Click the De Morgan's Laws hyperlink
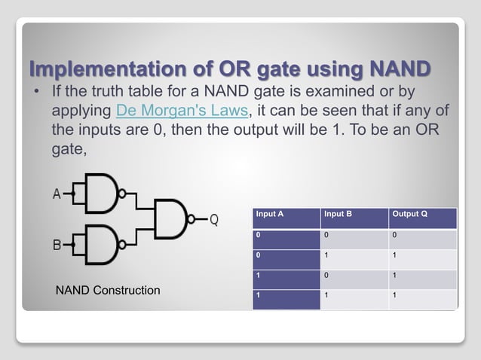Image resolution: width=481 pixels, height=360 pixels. (181, 112)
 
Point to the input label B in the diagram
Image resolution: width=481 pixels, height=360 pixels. (57, 245)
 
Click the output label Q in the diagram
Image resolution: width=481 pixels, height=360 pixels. (214, 219)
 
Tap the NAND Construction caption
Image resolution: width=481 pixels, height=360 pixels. (109, 290)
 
